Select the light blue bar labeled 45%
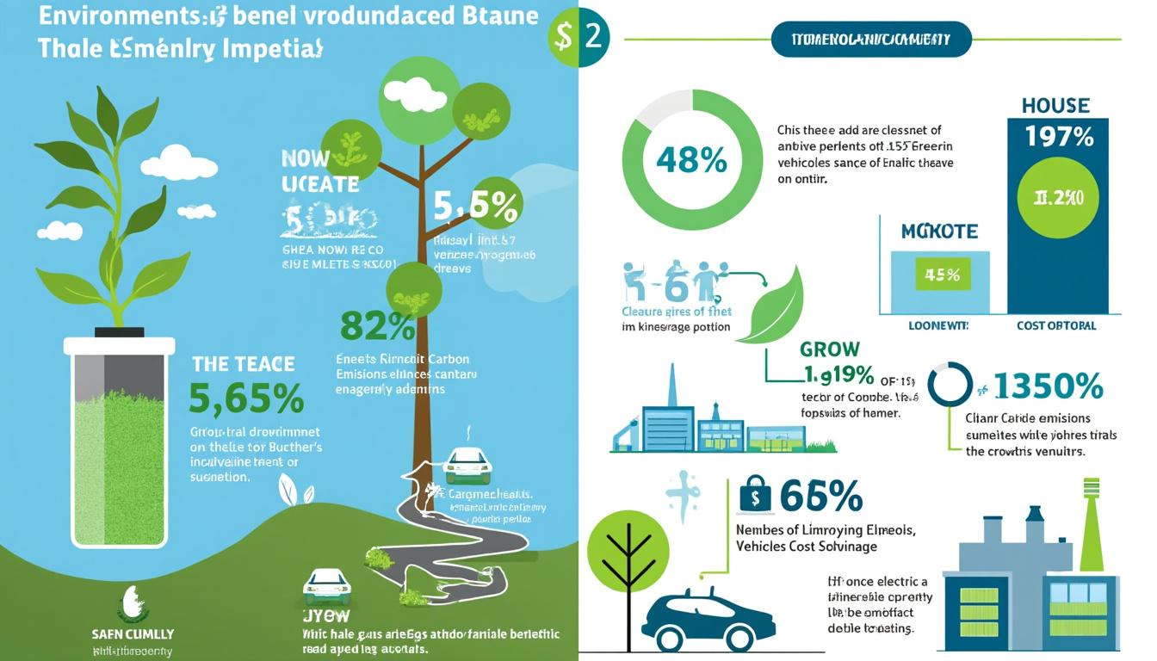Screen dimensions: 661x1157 [x=940, y=277]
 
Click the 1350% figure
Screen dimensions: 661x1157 [x=1048, y=387]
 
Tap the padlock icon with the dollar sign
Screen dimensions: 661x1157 [x=753, y=497]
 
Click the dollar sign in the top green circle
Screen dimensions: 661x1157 [x=564, y=35]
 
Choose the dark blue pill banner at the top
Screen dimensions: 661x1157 [x=871, y=40]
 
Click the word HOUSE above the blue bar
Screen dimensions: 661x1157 [x=1055, y=106]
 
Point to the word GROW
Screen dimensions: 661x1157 [x=830, y=349]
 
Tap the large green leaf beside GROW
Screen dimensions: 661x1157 [x=776, y=306]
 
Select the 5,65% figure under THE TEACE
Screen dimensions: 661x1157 [x=246, y=398]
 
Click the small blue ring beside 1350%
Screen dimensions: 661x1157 [x=950, y=384]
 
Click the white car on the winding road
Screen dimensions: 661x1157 [x=467, y=466]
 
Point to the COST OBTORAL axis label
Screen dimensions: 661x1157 [x=1055, y=326]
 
